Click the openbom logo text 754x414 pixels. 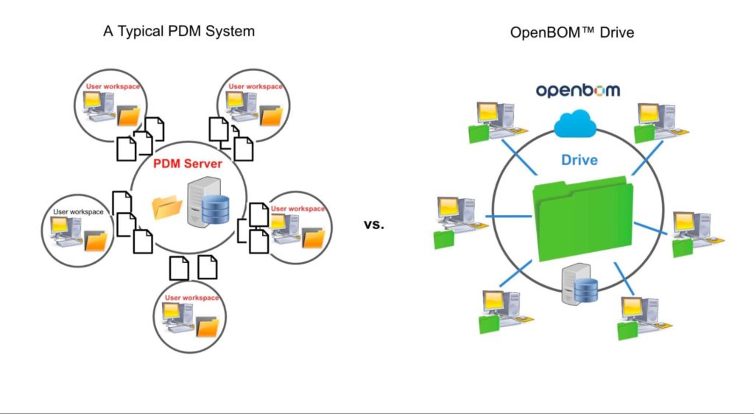(x=578, y=90)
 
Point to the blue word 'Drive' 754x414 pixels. (x=579, y=160)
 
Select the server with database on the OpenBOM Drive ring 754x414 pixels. (x=580, y=285)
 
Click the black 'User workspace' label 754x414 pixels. (x=78, y=212)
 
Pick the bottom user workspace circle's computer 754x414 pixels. (x=181, y=317)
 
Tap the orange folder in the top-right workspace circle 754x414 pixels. (x=271, y=116)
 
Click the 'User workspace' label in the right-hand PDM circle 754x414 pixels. (x=297, y=208)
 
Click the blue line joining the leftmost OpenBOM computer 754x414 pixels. (x=510, y=217)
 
